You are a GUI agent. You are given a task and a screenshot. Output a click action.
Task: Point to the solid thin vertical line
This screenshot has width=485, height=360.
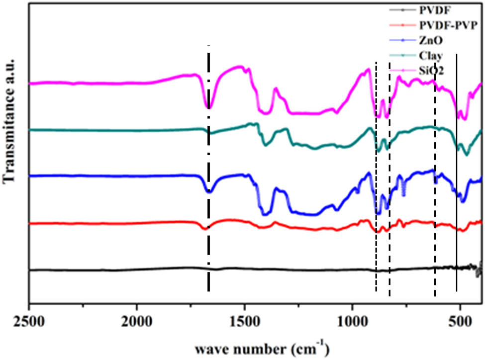(x=457, y=189)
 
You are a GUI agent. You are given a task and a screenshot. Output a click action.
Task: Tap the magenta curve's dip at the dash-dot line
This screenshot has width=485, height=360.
(x=209, y=107)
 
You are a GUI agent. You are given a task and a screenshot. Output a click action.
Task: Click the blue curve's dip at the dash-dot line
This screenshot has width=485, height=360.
(x=209, y=191)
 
